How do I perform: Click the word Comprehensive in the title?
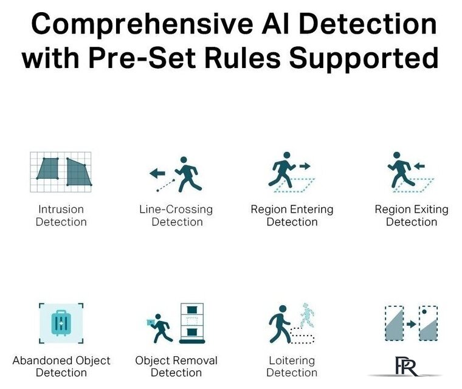pyautogui.click(x=142, y=25)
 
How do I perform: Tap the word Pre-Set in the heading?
pyautogui.click(x=142, y=58)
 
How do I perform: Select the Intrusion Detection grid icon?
pyautogui.click(x=61, y=172)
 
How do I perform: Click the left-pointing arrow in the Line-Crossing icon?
pyautogui.click(x=157, y=173)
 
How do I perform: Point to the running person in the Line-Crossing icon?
pyautogui.click(x=188, y=174)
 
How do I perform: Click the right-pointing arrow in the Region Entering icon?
pyautogui.click(x=305, y=166)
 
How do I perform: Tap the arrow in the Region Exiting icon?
pyautogui.click(x=419, y=166)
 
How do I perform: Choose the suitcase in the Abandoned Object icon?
pyautogui.click(x=61, y=323)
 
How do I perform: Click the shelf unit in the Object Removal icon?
pyautogui.click(x=192, y=323)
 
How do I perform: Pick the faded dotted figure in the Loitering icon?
pyautogui.click(x=307, y=315)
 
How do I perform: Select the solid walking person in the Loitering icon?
pyautogui.click(x=279, y=324)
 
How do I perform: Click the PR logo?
pyautogui.click(x=406, y=367)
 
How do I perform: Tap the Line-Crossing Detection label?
pyautogui.click(x=176, y=215)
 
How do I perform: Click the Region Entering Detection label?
pyautogui.click(x=292, y=215)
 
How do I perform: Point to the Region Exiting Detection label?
pyautogui.click(x=412, y=215)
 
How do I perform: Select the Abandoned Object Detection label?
pyautogui.click(x=61, y=367)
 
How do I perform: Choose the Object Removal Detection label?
pyautogui.click(x=176, y=367)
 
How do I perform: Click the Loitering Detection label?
pyautogui.click(x=292, y=367)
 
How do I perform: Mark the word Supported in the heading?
pyautogui.click(x=364, y=58)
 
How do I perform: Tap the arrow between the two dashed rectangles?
pyautogui.click(x=412, y=325)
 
